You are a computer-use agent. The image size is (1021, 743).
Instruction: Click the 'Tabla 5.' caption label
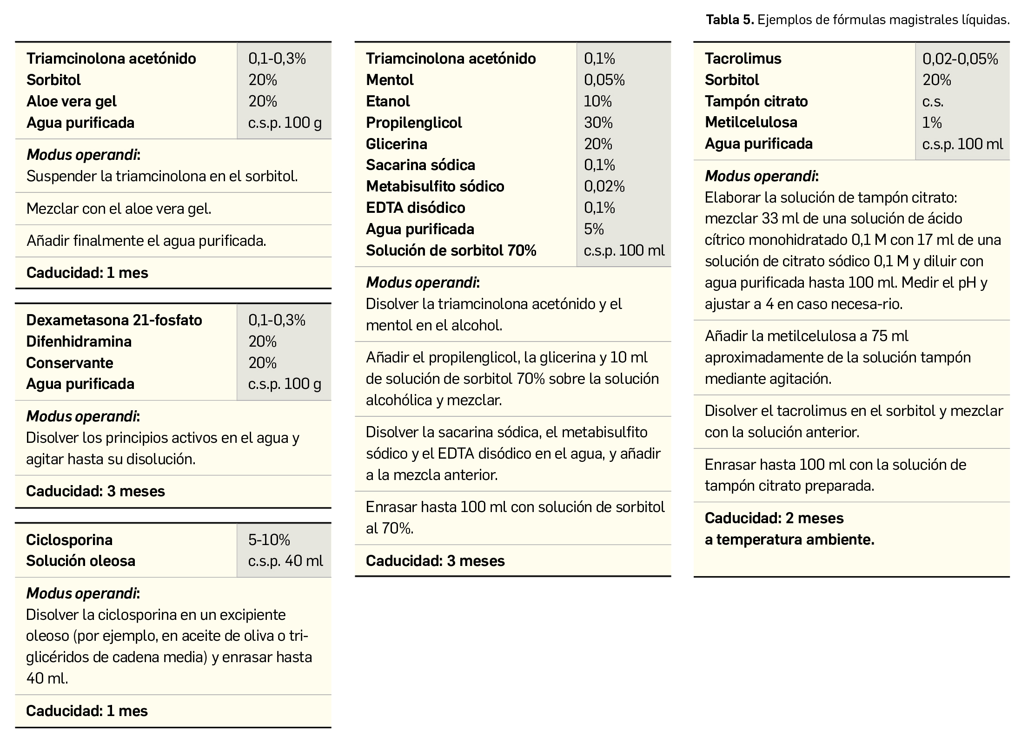[729, 20]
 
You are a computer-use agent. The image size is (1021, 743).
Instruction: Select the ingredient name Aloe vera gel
[72, 101]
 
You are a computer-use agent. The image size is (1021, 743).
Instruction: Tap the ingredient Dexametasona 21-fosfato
[114, 320]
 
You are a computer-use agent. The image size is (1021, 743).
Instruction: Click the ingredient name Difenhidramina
[79, 342]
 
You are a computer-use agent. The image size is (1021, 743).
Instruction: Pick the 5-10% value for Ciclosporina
[269, 539]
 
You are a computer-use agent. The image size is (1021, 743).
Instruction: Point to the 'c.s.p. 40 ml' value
[285, 561]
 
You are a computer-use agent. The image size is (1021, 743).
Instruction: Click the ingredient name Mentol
[390, 80]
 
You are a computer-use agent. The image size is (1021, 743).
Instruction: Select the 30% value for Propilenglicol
[598, 123]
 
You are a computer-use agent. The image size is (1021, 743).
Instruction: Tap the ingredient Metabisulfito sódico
[435, 186]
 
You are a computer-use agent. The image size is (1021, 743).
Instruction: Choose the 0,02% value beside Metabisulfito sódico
[604, 186]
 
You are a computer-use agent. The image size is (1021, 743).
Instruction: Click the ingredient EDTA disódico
[415, 208]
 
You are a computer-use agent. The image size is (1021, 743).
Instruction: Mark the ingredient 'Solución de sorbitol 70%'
[451, 250]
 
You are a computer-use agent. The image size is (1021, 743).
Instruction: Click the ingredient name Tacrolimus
[743, 59]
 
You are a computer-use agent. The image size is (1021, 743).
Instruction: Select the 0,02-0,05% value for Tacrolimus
[960, 59]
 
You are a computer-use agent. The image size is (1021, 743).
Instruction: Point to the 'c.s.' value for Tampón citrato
[933, 101]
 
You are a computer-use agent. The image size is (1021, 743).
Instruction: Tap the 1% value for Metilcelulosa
[932, 123]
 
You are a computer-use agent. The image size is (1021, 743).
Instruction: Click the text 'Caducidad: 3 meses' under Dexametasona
[95, 491]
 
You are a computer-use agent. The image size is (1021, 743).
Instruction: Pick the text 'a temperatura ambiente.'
[789, 539]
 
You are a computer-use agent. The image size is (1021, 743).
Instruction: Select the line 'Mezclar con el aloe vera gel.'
[119, 209]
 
